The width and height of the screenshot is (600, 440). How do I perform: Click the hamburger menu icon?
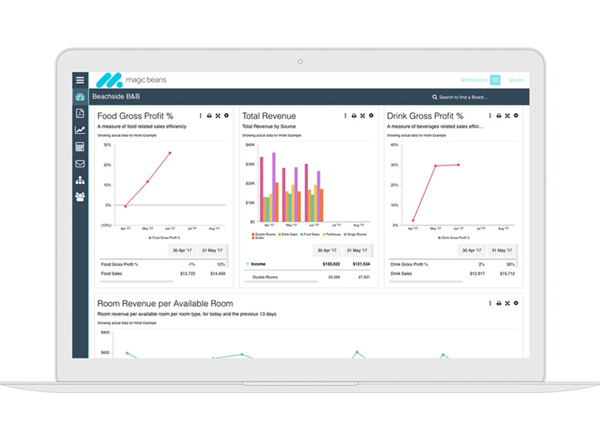(80, 80)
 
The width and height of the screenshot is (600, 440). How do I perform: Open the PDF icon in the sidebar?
(80, 114)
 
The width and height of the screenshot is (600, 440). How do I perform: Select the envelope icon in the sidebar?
(80, 163)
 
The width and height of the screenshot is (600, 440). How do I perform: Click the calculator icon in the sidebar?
(80, 147)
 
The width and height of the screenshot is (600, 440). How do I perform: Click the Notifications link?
(473, 80)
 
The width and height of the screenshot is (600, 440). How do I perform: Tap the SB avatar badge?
(494, 80)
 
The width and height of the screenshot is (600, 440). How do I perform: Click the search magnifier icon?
(434, 98)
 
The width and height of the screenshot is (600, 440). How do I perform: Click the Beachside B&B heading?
(116, 97)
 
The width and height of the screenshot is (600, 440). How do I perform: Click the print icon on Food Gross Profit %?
(209, 115)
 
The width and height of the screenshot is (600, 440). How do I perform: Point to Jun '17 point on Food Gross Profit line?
(169, 153)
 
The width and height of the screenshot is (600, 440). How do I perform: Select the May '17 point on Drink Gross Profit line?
(435, 165)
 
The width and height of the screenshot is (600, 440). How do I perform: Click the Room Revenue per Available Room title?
(165, 304)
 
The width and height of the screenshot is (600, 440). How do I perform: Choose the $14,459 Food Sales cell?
(216, 273)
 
